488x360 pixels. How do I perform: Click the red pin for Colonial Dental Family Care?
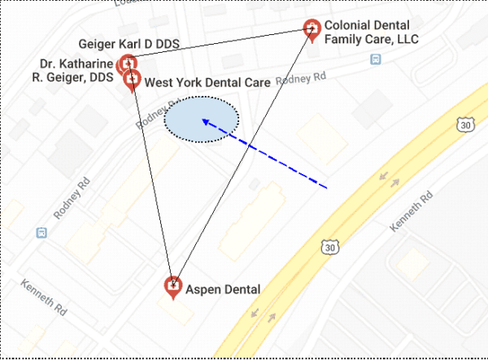point(311,29)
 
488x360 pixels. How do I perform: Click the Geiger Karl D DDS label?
point(129,43)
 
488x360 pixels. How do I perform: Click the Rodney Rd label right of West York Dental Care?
point(301,79)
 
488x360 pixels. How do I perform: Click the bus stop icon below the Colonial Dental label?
point(376,59)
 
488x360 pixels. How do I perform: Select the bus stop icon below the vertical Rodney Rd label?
point(41,233)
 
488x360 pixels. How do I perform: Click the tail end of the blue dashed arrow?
point(326,189)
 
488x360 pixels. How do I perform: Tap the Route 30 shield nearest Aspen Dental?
point(329,246)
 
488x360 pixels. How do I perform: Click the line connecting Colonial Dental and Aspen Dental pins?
point(244,154)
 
